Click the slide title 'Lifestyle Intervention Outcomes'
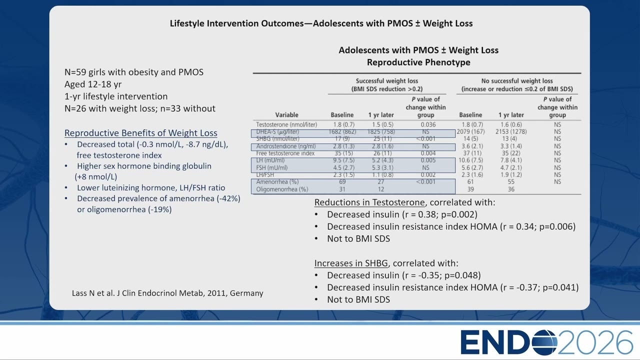(236, 23)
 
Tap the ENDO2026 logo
(547, 342)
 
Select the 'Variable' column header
(286, 115)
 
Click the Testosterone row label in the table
(286, 124)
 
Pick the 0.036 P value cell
(428, 124)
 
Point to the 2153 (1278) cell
(511, 131)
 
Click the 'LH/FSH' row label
(265, 175)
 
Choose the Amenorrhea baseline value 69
(342, 181)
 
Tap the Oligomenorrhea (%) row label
(282, 189)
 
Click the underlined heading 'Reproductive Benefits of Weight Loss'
(140, 133)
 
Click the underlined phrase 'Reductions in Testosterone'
(369, 202)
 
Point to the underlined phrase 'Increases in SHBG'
(351, 263)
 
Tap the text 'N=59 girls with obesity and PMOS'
(133, 72)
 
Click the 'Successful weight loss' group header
(387, 81)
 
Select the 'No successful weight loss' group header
(517, 81)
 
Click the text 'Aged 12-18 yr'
(93, 84)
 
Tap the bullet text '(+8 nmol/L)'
(95, 177)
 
